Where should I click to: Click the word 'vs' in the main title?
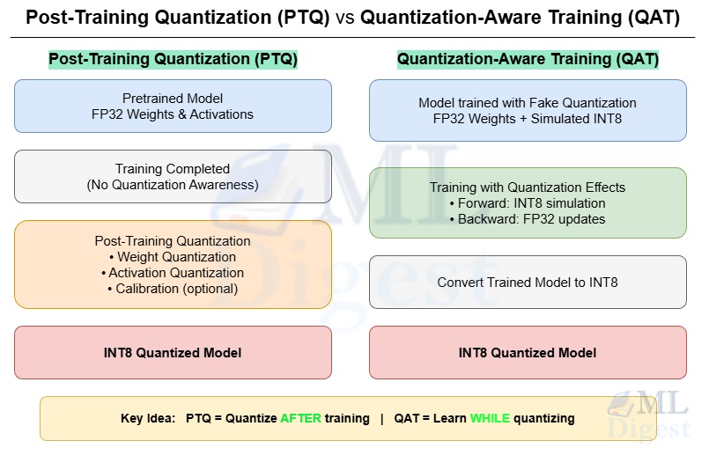[344, 18]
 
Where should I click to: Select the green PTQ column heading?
[173, 60]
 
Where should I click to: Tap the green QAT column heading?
[528, 60]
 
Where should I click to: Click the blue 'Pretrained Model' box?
[173, 106]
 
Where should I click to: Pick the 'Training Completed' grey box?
[173, 176]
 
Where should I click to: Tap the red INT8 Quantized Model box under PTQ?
[173, 352]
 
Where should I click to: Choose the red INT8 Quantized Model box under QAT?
[528, 352]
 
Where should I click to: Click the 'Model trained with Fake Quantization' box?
[528, 110]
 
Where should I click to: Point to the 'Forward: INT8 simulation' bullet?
[531, 203]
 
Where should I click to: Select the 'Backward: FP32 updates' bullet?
[531, 219]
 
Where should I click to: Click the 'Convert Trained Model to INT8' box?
[528, 283]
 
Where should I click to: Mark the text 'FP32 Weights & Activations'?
[173, 114]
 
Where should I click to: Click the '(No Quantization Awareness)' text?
[173, 185]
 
